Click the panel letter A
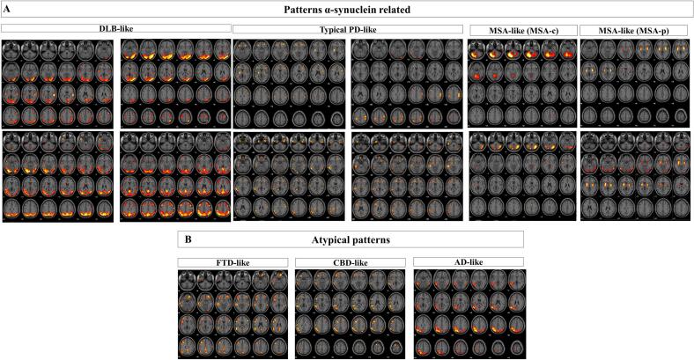pyautogui.click(x=5, y=8)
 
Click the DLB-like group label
pyautogui.click(x=116, y=29)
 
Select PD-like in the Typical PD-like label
pyautogui.click(x=364, y=29)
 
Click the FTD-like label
pyautogui.click(x=233, y=261)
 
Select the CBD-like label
pyautogui.click(x=350, y=261)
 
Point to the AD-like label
pyautogui.click(x=468, y=261)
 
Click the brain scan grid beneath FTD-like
pyautogui.click(x=233, y=312)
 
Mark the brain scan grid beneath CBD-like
pyautogui.click(x=350, y=312)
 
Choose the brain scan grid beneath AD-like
pyautogui.click(x=468, y=312)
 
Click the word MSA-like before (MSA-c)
pyautogui.click(x=506, y=30)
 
